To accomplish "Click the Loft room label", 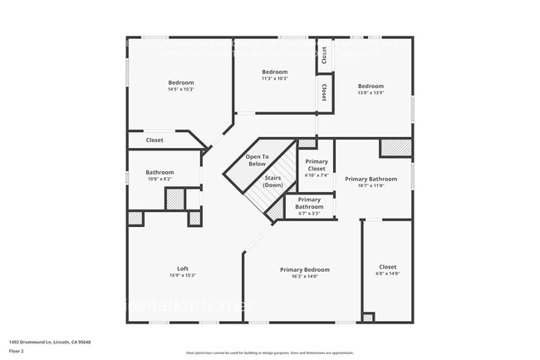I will (x=183, y=269).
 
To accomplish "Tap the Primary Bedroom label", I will (x=304, y=269).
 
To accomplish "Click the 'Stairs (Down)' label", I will (x=272, y=180).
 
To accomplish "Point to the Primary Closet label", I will (x=317, y=165).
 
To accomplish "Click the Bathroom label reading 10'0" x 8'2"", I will (x=160, y=172).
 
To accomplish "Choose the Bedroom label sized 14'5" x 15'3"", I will (x=181, y=82).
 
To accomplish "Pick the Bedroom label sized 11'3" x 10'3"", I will (x=274, y=72).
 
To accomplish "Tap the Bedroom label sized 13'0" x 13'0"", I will (x=371, y=86).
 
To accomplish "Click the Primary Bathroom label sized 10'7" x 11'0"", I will (x=371, y=179).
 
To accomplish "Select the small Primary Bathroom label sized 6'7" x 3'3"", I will (x=309, y=203).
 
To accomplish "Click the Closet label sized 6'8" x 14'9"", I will (x=388, y=267).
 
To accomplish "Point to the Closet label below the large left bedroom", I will (x=155, y=140).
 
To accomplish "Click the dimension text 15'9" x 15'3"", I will (x=183, y=275).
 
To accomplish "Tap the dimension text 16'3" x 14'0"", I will (x=304, y=277).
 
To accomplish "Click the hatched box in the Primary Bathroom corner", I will (x=396, y=147).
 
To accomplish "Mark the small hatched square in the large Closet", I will (x=368, y=318).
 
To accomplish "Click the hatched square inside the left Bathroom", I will (x=174, y=200).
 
